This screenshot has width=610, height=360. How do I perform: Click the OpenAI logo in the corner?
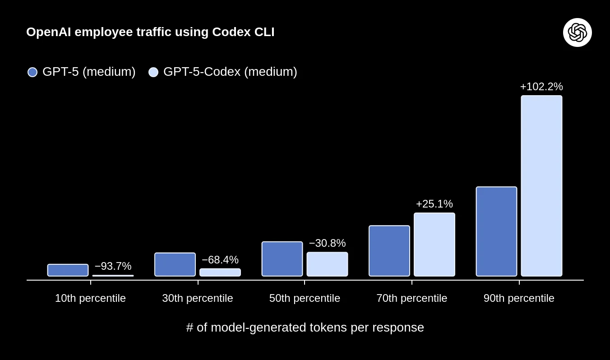click(577, 32)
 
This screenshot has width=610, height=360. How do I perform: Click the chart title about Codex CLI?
click(150, 32)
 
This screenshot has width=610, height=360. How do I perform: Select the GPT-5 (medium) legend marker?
click(32, 72)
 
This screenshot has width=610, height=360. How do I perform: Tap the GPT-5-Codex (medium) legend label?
click(230, 72)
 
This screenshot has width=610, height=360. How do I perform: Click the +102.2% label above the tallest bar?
click(541, 87)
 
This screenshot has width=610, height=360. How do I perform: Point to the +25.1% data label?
click(434, 204)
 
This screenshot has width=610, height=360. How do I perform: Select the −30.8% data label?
click(327, 243)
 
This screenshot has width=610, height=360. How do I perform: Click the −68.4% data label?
click(220, 260)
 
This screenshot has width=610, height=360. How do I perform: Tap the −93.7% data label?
click(113, 266)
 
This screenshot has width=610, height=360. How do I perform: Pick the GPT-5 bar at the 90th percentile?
click(496, 231)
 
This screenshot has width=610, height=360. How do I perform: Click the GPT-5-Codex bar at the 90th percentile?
click(541, 186)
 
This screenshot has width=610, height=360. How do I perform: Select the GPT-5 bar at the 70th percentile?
click(389, 251)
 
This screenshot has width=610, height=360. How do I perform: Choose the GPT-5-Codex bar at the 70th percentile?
click(434, 245)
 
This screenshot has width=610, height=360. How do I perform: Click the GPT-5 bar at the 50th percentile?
click(282, 259)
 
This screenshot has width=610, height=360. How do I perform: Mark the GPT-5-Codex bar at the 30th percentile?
click(220, 272)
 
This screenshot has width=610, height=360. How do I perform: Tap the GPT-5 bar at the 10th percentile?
click(68, 270)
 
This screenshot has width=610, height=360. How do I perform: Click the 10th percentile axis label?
click(90, 298)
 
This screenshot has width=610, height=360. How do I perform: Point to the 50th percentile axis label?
click(305, 298)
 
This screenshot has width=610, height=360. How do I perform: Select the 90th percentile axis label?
click(519, 298)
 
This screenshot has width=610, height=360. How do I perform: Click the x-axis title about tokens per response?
click(305, 328)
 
